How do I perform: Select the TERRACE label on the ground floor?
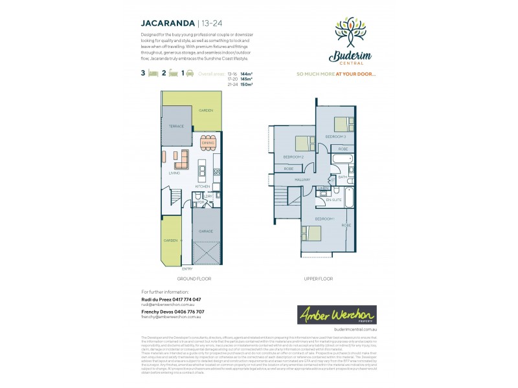176,126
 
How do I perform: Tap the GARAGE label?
206,230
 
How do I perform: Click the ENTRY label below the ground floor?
187,268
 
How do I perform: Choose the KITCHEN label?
203,187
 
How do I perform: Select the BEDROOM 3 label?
335,137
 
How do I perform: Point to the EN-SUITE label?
333,200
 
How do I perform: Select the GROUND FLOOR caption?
194,279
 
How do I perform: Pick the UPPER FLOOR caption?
318,279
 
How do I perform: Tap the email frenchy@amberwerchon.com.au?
171,317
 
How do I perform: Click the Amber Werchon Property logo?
337,316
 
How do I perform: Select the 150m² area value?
246,84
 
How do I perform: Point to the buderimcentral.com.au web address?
353,330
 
